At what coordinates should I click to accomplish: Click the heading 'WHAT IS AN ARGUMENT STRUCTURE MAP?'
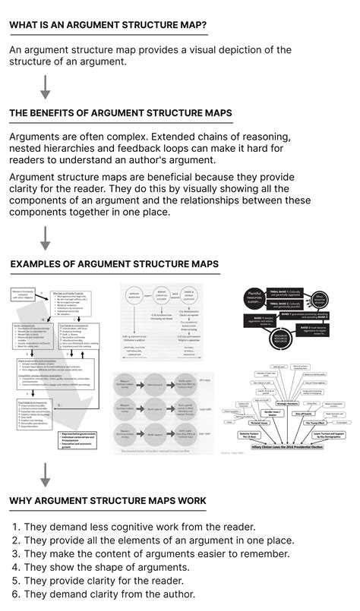click(108, 25)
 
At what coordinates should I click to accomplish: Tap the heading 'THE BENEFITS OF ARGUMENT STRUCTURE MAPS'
click(121, 114)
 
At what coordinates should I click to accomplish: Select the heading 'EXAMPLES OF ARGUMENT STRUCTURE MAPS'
click(115, 264)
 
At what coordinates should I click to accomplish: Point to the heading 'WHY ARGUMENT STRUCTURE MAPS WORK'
click(108, 502)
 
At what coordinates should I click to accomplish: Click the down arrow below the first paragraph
click(45, 87)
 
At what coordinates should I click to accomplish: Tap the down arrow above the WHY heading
click(45, 474)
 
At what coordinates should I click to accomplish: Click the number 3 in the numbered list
click(15, 554)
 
